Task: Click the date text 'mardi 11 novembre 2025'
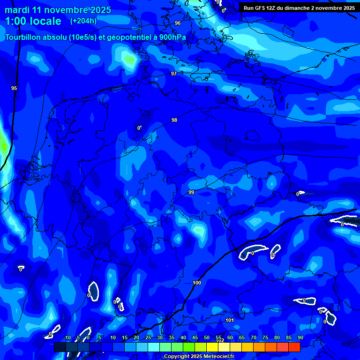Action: pyautogui.click(x=58, y=10)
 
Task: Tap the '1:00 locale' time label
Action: pyautogui.click(x=33, y=21)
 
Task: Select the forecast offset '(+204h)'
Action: pyautogui.click(x=83, y=21)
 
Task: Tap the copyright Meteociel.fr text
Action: pyautogui.click(x=199, y=357)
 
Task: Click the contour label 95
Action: pyautogui.click(x=14, y=88)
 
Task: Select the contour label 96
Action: pyautogui.click(x=177, y=23)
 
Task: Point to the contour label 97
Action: pyautogui.click(x=174, y=74)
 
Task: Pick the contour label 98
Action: pyautogui.click(x=174, y=120)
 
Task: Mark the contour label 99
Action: pyautogui.click(x=191, y=192)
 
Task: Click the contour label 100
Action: pyautogui.click(x=197, y=283)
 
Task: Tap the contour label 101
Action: pyautogui.click(x=230, y=321)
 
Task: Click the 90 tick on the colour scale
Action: pyautogui.click(x=300, y=337)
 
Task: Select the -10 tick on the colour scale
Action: pyautogui.click(x=67, y=337)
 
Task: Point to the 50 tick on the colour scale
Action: pyautogui.click(x=207, y=337)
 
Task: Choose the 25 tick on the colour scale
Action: pyautogui.click(x=148, y=337)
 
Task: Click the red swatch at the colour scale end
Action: pyautogui.click(x=294, y=347)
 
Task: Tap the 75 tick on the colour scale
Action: pyautogui.click(x=265, y=337)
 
